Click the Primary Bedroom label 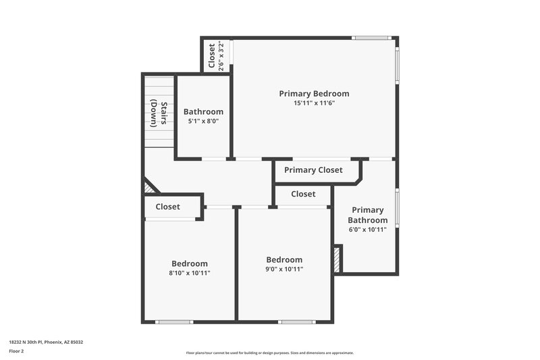tap(314, 93)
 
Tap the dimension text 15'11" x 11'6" tap(314, 103)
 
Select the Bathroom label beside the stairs tap(203, 111)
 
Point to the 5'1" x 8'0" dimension tap(203, 122)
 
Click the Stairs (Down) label tap(158, 113)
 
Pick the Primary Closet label tap(313, 170)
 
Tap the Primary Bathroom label tap(368, 215)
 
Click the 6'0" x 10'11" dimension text tap(368, 230)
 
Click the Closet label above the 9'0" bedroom tap(303, 194)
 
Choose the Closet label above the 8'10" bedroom tap(167, 207)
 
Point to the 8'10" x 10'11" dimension tap(189, 273)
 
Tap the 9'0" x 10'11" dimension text tap(284, 269)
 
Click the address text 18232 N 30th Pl tap(46, 342)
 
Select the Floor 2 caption tap(16, 351)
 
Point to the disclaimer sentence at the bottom tap(269, 353)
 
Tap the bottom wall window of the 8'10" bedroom tap(174, 322)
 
